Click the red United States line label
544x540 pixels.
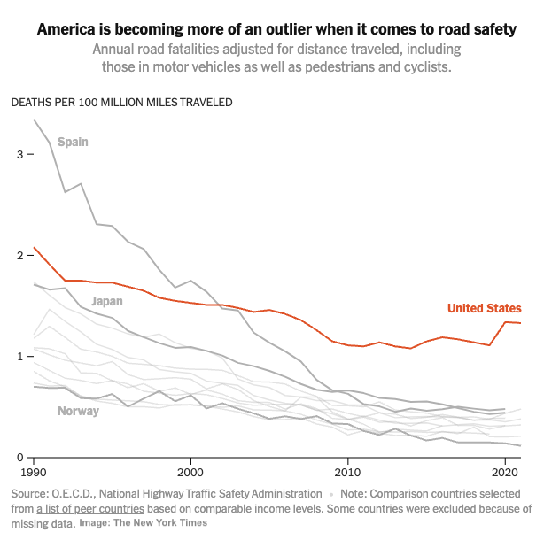click(x=484, y=308)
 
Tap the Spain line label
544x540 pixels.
click(x=73, y=142)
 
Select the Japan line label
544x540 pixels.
click(x=107, y=301)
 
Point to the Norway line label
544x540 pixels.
click(x=78, y=411)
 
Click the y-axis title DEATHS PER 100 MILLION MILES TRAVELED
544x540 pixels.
click(x=121, y=102)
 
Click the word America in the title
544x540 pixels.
click(x=67, y=30)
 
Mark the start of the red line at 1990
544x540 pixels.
click(x=34, y=248)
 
